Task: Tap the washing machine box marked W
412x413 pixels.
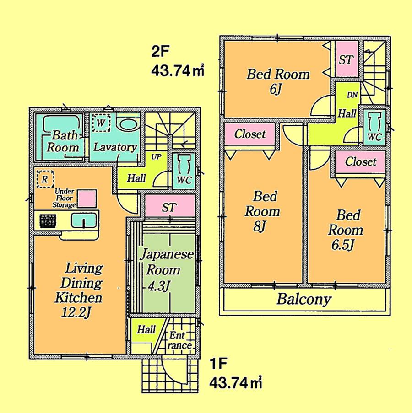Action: coord(100,123)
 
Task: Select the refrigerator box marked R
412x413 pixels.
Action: coord(44,179)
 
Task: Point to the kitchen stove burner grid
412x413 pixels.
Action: coord(47,221)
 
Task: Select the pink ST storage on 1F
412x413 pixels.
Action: coord(169,207)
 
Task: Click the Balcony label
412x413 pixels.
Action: coord(304,300)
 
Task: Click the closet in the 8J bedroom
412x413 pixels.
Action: coord(250,134)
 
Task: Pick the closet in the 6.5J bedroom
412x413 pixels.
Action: coord(360,162)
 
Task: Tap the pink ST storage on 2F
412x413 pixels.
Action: coord(346,59)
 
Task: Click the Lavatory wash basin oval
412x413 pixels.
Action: coord(127,124)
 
